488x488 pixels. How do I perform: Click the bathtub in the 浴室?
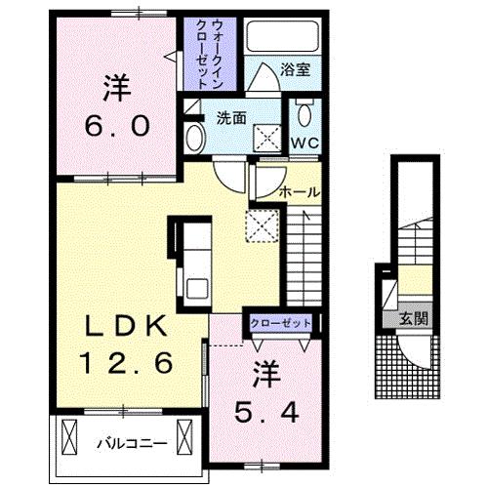click(282, 36)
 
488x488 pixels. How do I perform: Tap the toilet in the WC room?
click(305, 112)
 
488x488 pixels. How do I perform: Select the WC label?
click(305, 142)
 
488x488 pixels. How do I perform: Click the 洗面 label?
click(231, 118)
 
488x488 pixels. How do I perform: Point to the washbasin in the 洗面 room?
click(195, 138)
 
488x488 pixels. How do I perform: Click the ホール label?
click(300, 192)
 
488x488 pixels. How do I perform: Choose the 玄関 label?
click(414, 318)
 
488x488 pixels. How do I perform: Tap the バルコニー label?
click(133, 443)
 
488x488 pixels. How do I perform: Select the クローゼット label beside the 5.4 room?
click(280, 323)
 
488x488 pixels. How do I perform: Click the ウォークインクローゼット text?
click(210, 54)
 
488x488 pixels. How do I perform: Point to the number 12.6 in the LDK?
click(127, 363)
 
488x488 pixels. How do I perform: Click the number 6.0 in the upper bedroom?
click(117, 126)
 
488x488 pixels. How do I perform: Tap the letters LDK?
click(126, 326)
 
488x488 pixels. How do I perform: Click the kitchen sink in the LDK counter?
click(197, 288)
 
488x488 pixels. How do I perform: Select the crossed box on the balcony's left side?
click(69, 437)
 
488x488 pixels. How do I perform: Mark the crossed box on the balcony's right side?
click(184, 437)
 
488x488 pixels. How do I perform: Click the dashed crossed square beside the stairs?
click(263, 226)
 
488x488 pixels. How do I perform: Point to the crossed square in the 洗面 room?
click(267, 138)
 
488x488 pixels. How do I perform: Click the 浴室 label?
click(296, 69)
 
